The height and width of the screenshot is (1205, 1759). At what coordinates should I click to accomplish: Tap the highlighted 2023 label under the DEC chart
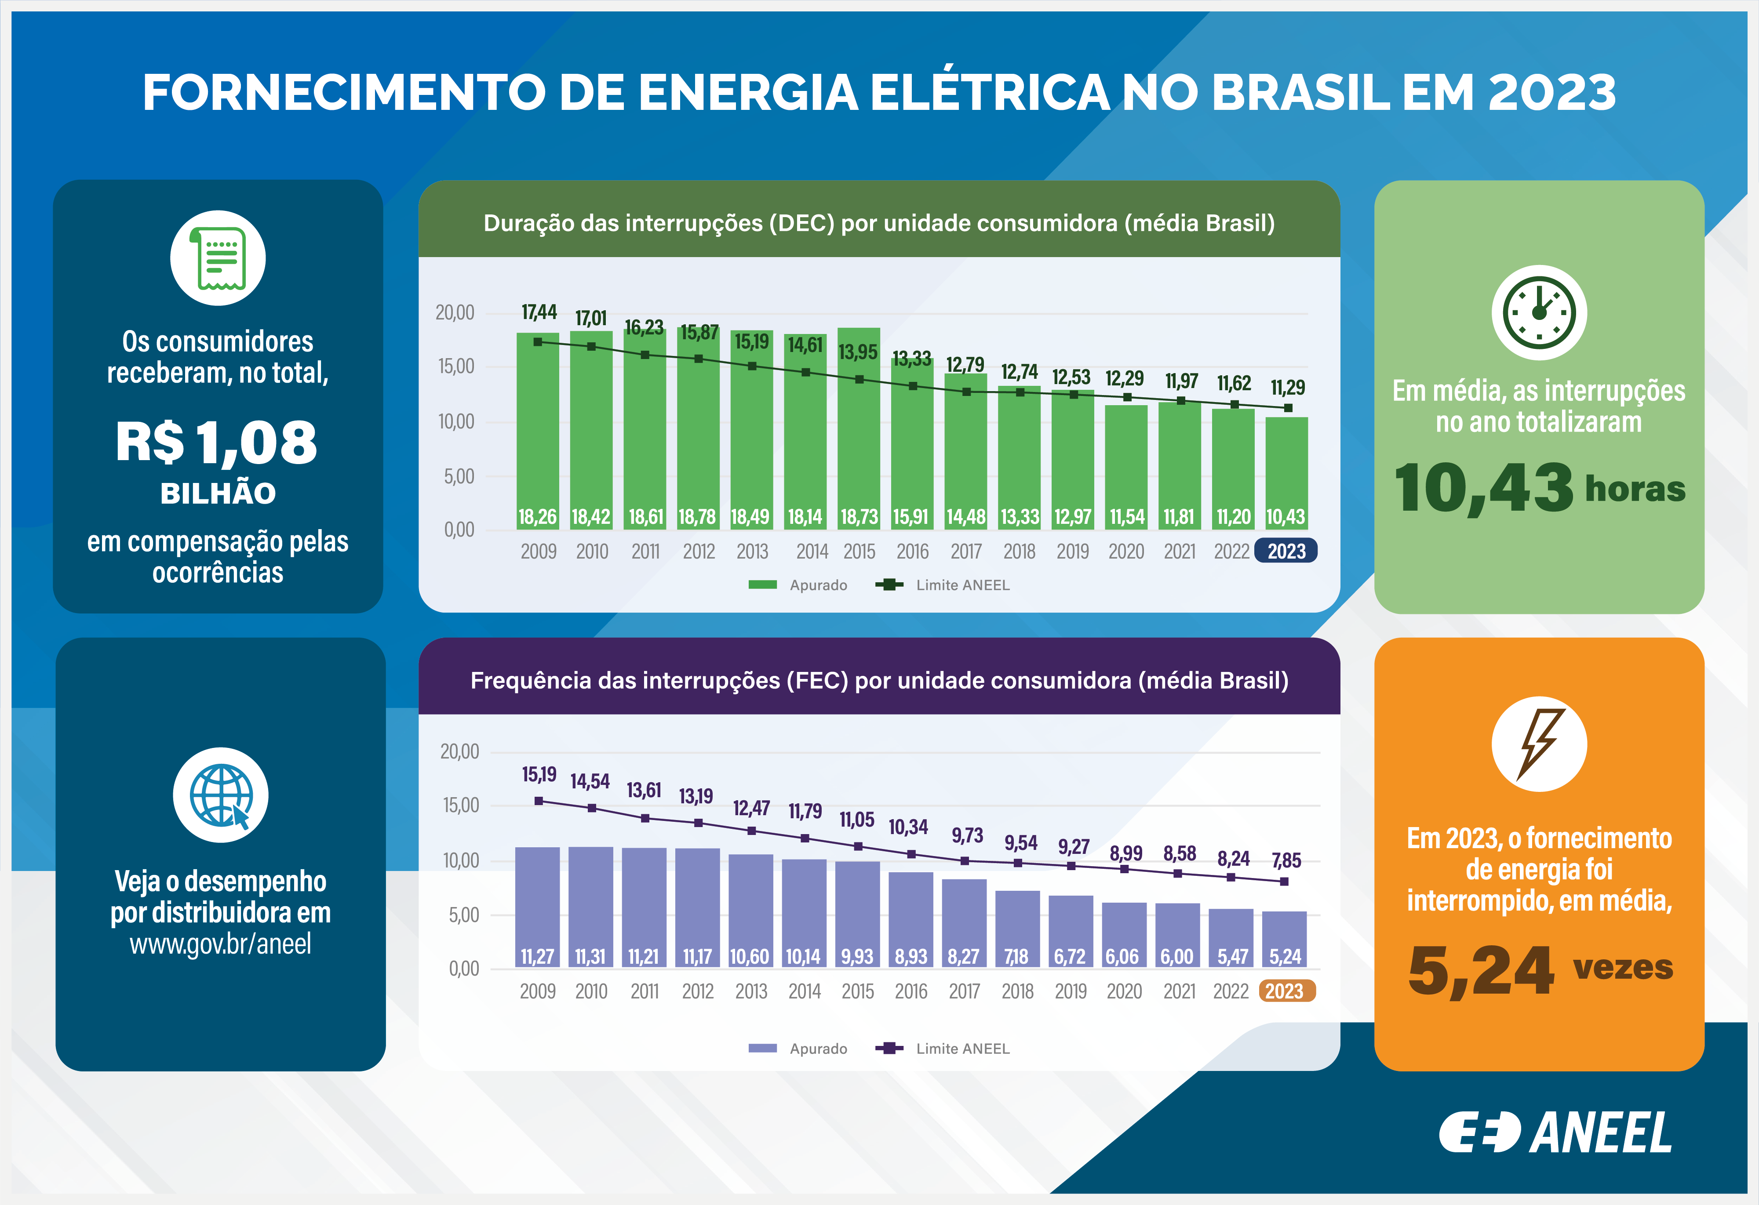click(x=1286, y=551)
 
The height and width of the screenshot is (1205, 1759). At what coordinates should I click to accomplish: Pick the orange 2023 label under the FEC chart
click(x=1286, y=991)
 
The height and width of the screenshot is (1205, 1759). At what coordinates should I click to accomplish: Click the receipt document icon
click(x=218, y=258)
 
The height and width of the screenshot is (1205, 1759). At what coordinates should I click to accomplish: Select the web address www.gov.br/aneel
click(x=220, y=944)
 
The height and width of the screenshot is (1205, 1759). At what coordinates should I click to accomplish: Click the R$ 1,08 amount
click(x=217, y=443)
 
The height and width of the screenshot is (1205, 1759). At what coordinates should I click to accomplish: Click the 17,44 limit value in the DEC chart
click(x=539, y=312)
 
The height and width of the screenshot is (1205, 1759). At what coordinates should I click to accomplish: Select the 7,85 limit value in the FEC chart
click(x=1286, y=860)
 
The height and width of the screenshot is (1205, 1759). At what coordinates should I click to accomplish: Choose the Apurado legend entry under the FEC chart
click(x=798, y=1049)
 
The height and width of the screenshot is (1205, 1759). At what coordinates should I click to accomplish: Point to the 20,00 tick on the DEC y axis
click(x=455, y=312)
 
